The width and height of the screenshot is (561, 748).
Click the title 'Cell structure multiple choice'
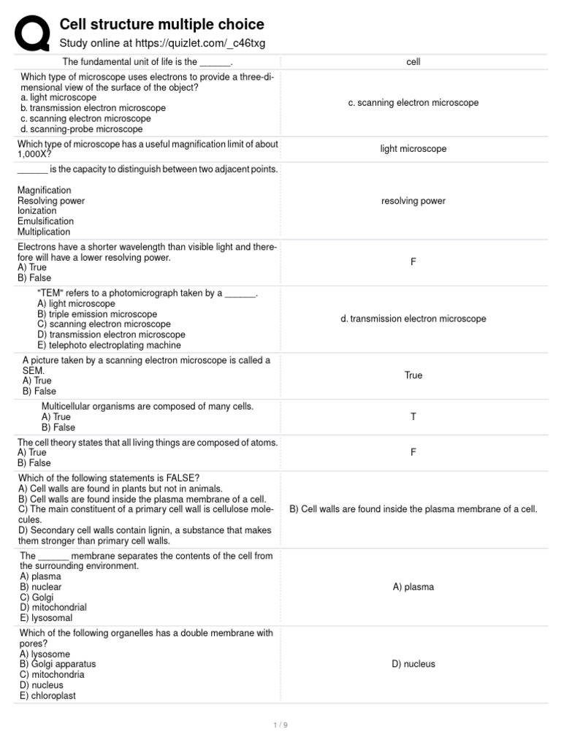(161, 25)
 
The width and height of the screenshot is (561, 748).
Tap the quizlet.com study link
(162, 44)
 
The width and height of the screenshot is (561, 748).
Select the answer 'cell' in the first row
(413, 62)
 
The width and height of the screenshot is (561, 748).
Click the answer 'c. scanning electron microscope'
(413, 103)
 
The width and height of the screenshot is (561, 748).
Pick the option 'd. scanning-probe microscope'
(82, 129)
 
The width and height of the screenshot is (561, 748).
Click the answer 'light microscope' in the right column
(413, 149)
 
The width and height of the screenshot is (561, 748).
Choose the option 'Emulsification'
(45, 221)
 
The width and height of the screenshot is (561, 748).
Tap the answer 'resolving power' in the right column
(413, 201)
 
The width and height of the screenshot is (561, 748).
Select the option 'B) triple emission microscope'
(97, 314)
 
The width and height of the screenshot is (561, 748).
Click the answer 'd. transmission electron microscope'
(413, 318)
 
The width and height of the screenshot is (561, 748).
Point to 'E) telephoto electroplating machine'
(110, 346)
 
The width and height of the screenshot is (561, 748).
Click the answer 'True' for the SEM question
(413, 375)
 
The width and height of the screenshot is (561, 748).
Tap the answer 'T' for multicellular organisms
(413, 416)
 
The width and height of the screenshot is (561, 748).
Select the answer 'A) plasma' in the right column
(413, 587)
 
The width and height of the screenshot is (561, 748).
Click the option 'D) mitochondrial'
(53, 607)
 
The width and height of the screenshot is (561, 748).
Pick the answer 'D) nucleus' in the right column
(413, 664)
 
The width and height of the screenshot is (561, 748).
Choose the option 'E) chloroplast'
(48, 696)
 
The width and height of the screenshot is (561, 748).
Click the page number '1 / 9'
(280, 725)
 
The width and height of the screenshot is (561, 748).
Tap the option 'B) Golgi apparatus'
(58, 664)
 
